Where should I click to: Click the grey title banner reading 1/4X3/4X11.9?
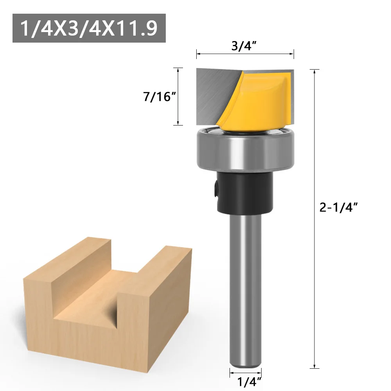click(x=89, y=28)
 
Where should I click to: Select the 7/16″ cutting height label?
click(x=158, y=97)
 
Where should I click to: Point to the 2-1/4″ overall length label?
click(x=339, y=208)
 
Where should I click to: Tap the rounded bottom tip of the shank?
click(x=245, y=364)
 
